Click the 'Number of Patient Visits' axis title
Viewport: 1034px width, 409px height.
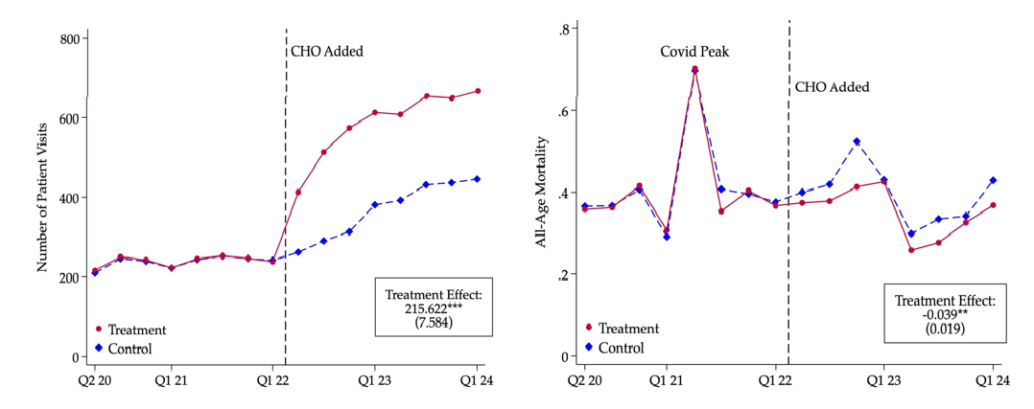tap(42, 196)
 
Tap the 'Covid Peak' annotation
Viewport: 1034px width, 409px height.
tap(694, 51)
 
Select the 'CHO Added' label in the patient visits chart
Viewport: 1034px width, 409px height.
tap(327, 52)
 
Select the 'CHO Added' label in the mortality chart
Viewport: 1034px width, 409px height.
tap(832, 87)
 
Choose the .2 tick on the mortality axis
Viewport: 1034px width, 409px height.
tap(566, 275)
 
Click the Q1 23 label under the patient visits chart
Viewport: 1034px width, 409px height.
tap(375, 380)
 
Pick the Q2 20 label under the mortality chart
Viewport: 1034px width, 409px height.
tap(576, 380)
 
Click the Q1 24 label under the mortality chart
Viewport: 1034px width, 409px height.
tap(993, 380)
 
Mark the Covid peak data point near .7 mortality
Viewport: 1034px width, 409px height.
tap(693, 70)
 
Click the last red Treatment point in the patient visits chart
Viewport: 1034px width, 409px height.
tap(478, 91)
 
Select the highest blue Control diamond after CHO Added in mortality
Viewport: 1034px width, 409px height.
tap(857, 142)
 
